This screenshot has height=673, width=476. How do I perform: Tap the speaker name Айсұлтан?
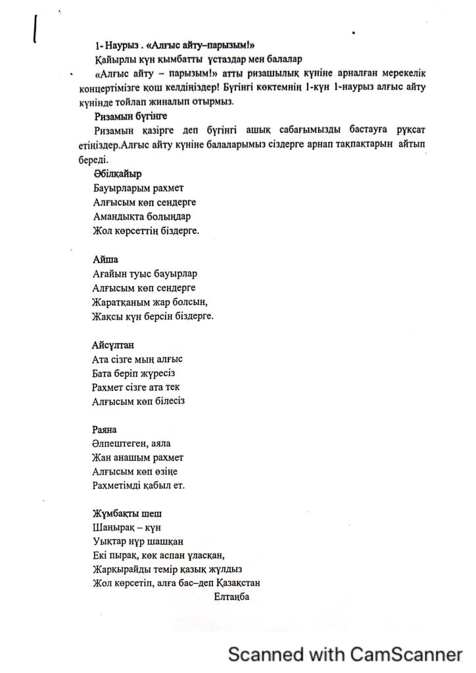coord(112,344)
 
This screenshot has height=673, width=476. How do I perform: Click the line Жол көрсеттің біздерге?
coord(145,231)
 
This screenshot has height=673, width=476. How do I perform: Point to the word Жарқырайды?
coord(120,569)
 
